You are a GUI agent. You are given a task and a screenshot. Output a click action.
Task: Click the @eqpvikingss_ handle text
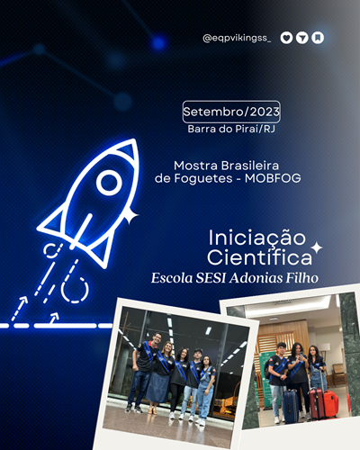237,39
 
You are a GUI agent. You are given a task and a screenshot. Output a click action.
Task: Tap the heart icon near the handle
286,38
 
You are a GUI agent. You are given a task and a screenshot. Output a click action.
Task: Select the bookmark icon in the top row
318,38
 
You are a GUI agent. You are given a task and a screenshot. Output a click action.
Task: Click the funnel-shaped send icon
302,38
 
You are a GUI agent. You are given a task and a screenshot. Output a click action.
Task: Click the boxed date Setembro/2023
231,112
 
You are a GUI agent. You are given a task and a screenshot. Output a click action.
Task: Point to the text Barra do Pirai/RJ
231,129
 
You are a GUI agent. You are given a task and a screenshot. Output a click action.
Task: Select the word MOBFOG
273,178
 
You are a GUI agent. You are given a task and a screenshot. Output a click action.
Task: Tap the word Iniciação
257,238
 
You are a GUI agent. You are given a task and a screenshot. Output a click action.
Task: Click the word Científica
260,257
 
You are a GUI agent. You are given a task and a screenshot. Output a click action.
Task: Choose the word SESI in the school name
211,278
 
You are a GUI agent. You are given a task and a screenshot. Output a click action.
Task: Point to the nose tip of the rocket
137,140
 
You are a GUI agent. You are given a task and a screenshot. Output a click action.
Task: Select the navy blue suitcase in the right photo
290,407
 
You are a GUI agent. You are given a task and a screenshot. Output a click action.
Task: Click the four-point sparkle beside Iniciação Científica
317,247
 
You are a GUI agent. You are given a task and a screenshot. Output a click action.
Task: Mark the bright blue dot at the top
158,43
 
